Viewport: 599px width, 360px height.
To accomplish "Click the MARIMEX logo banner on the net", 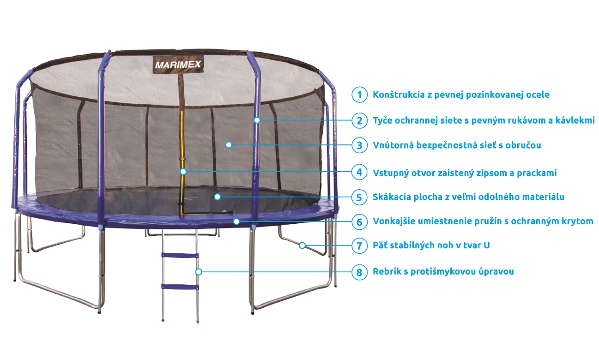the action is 178,64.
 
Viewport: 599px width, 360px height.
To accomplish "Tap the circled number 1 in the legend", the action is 359,95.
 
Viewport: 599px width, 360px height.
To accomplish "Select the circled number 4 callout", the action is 359,172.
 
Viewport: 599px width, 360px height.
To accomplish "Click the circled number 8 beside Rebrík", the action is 359,272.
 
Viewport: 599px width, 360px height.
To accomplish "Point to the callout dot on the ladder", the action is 199,272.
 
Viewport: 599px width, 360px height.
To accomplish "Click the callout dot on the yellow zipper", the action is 183,171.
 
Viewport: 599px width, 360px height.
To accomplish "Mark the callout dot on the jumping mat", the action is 218,197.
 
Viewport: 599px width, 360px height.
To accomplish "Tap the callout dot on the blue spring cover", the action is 236,222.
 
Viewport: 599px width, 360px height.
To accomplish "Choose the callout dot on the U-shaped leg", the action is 302,245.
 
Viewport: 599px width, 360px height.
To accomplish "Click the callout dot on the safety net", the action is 229,145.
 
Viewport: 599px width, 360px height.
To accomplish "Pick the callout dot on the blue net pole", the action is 257,120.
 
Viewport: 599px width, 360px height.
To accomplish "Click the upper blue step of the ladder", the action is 180,256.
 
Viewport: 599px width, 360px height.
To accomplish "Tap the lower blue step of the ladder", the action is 180,287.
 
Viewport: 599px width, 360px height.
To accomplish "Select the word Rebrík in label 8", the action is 387,271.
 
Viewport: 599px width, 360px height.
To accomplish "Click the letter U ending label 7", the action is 486,246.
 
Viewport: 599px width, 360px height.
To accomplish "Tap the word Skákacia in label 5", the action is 392,197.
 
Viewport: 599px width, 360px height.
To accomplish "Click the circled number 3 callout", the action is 359,145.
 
